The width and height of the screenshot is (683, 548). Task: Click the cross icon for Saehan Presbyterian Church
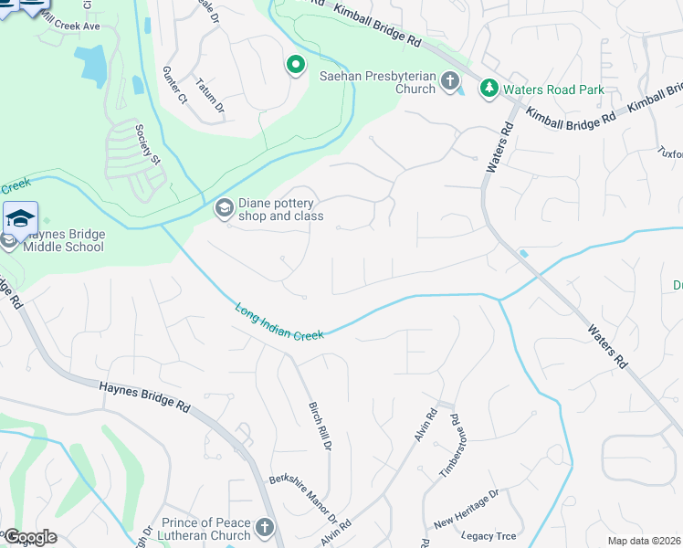[x=448, y=82]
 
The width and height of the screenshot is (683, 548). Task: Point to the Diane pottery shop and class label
[x=281, y=210]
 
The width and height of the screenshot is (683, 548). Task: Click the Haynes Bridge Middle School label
[x=64, y=241]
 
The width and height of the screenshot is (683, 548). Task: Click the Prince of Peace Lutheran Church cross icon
[x=265, y=527]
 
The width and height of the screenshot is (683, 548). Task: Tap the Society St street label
[x=148, y=144]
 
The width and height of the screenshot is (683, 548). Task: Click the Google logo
[x=29, y=537]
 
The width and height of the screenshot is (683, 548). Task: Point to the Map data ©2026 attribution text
[x=644, y=541]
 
